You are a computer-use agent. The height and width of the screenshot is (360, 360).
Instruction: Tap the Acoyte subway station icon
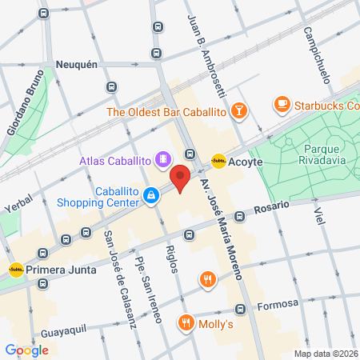click(218, 161)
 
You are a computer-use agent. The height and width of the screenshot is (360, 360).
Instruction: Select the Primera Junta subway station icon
click(15, 270)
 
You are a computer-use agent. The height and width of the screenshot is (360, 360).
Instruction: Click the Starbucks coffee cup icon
click(282, 103)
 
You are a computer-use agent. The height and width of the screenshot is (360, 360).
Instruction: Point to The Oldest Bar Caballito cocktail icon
click(238, 111)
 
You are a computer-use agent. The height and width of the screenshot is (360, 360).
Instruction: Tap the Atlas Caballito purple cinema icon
click(163, 160)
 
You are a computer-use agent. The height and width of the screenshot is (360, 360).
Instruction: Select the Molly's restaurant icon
click(186, 322)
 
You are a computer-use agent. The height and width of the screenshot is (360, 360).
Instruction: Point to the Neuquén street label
click(76, 63)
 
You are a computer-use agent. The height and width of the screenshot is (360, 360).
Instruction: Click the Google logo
click(26, 350)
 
